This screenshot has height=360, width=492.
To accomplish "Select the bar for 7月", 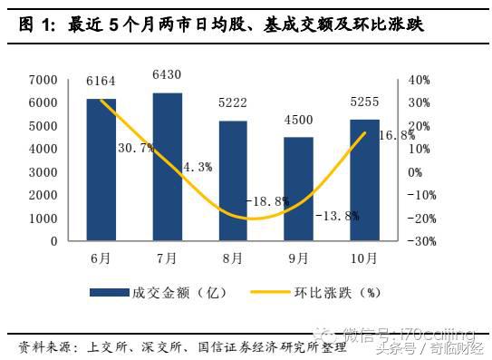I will pyautogui.click(x=167, y=167).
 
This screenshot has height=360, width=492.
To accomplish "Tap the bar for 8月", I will pyautogui.click(x=233, y=180).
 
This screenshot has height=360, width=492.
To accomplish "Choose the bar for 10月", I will pyautogui.click(x=365, y=180).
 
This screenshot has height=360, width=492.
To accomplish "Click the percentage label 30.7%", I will pyautogui.click(x=134, y=147).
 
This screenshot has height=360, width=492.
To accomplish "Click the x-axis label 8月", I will pyautogui.click(x=233, y=258).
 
